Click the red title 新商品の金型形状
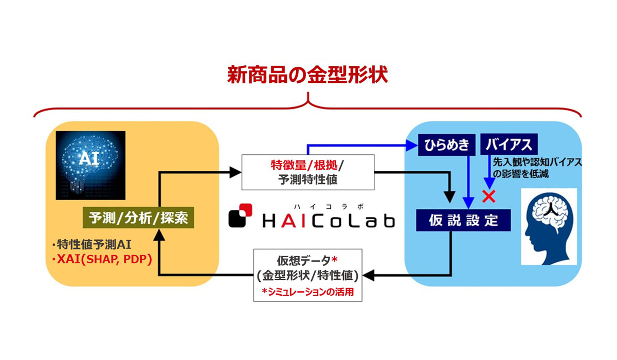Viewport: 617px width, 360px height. pos(307,75)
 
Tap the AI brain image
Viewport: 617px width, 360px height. pos(90,165)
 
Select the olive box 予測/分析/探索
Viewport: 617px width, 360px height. pos(138,218)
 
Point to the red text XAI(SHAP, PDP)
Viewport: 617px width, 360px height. pos(102,260)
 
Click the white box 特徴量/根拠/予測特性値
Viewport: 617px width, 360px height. pos(308,172)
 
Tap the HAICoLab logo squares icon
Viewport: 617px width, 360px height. pos(240,215)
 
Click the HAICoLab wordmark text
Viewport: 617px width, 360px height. pos(329,221)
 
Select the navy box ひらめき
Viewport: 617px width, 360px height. pos(446,145)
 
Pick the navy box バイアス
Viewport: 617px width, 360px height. pos(509,145)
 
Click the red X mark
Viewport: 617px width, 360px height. pos(489,196)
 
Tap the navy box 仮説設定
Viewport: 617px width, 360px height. pos(463,220)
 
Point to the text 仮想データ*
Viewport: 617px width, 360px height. pos(307,260)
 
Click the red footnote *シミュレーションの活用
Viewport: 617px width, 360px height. pos(307,292)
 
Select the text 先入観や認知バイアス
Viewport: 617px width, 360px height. pos(537,162)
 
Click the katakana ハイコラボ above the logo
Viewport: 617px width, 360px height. pos(329,206)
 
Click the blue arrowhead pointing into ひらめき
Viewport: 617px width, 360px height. pos(412,145)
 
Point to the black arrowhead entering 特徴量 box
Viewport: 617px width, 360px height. pos(236,172)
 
